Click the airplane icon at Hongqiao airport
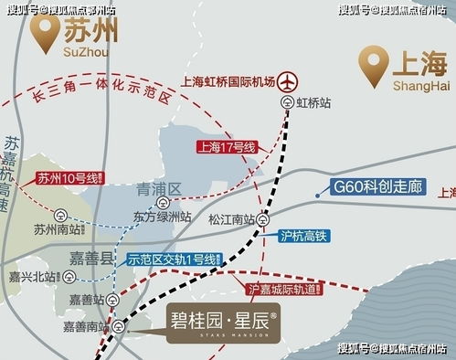[290, 81]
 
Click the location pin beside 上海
[370, 66]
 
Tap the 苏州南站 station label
[51, 229]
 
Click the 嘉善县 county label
[90, 259]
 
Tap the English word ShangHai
[421, 86]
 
